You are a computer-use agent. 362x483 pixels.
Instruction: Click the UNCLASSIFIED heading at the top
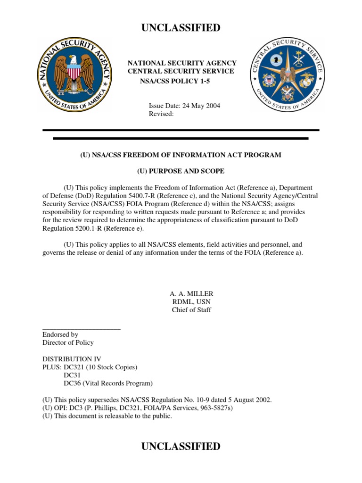click(181, 28)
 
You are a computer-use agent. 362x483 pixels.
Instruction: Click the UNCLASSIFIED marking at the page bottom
click(181, 446)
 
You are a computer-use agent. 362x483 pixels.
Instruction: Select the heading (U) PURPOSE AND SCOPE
click(181, 171)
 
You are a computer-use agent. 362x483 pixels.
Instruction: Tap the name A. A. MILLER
click(191, 293)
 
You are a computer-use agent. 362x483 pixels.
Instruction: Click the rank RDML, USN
click(191, 302)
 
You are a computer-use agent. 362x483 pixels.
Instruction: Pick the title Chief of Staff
click(191, 310)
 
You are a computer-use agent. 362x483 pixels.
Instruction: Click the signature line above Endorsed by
click(81, 328)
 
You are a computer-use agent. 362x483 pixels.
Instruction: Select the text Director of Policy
click(68, 342)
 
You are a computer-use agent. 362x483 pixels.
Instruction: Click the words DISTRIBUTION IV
click(72, 359)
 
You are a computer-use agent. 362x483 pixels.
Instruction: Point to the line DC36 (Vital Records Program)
click(108, 383)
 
